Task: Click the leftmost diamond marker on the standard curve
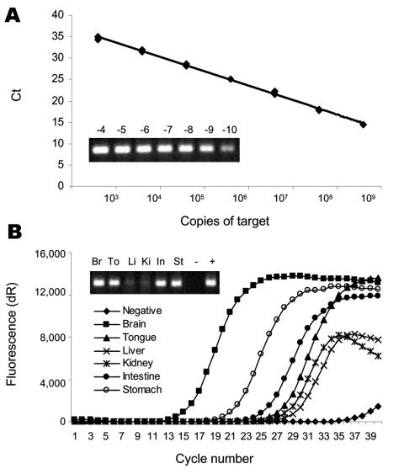pyautogui.click(x=98, y=38)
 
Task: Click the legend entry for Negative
pyautogui.click(x=144, y=311)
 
